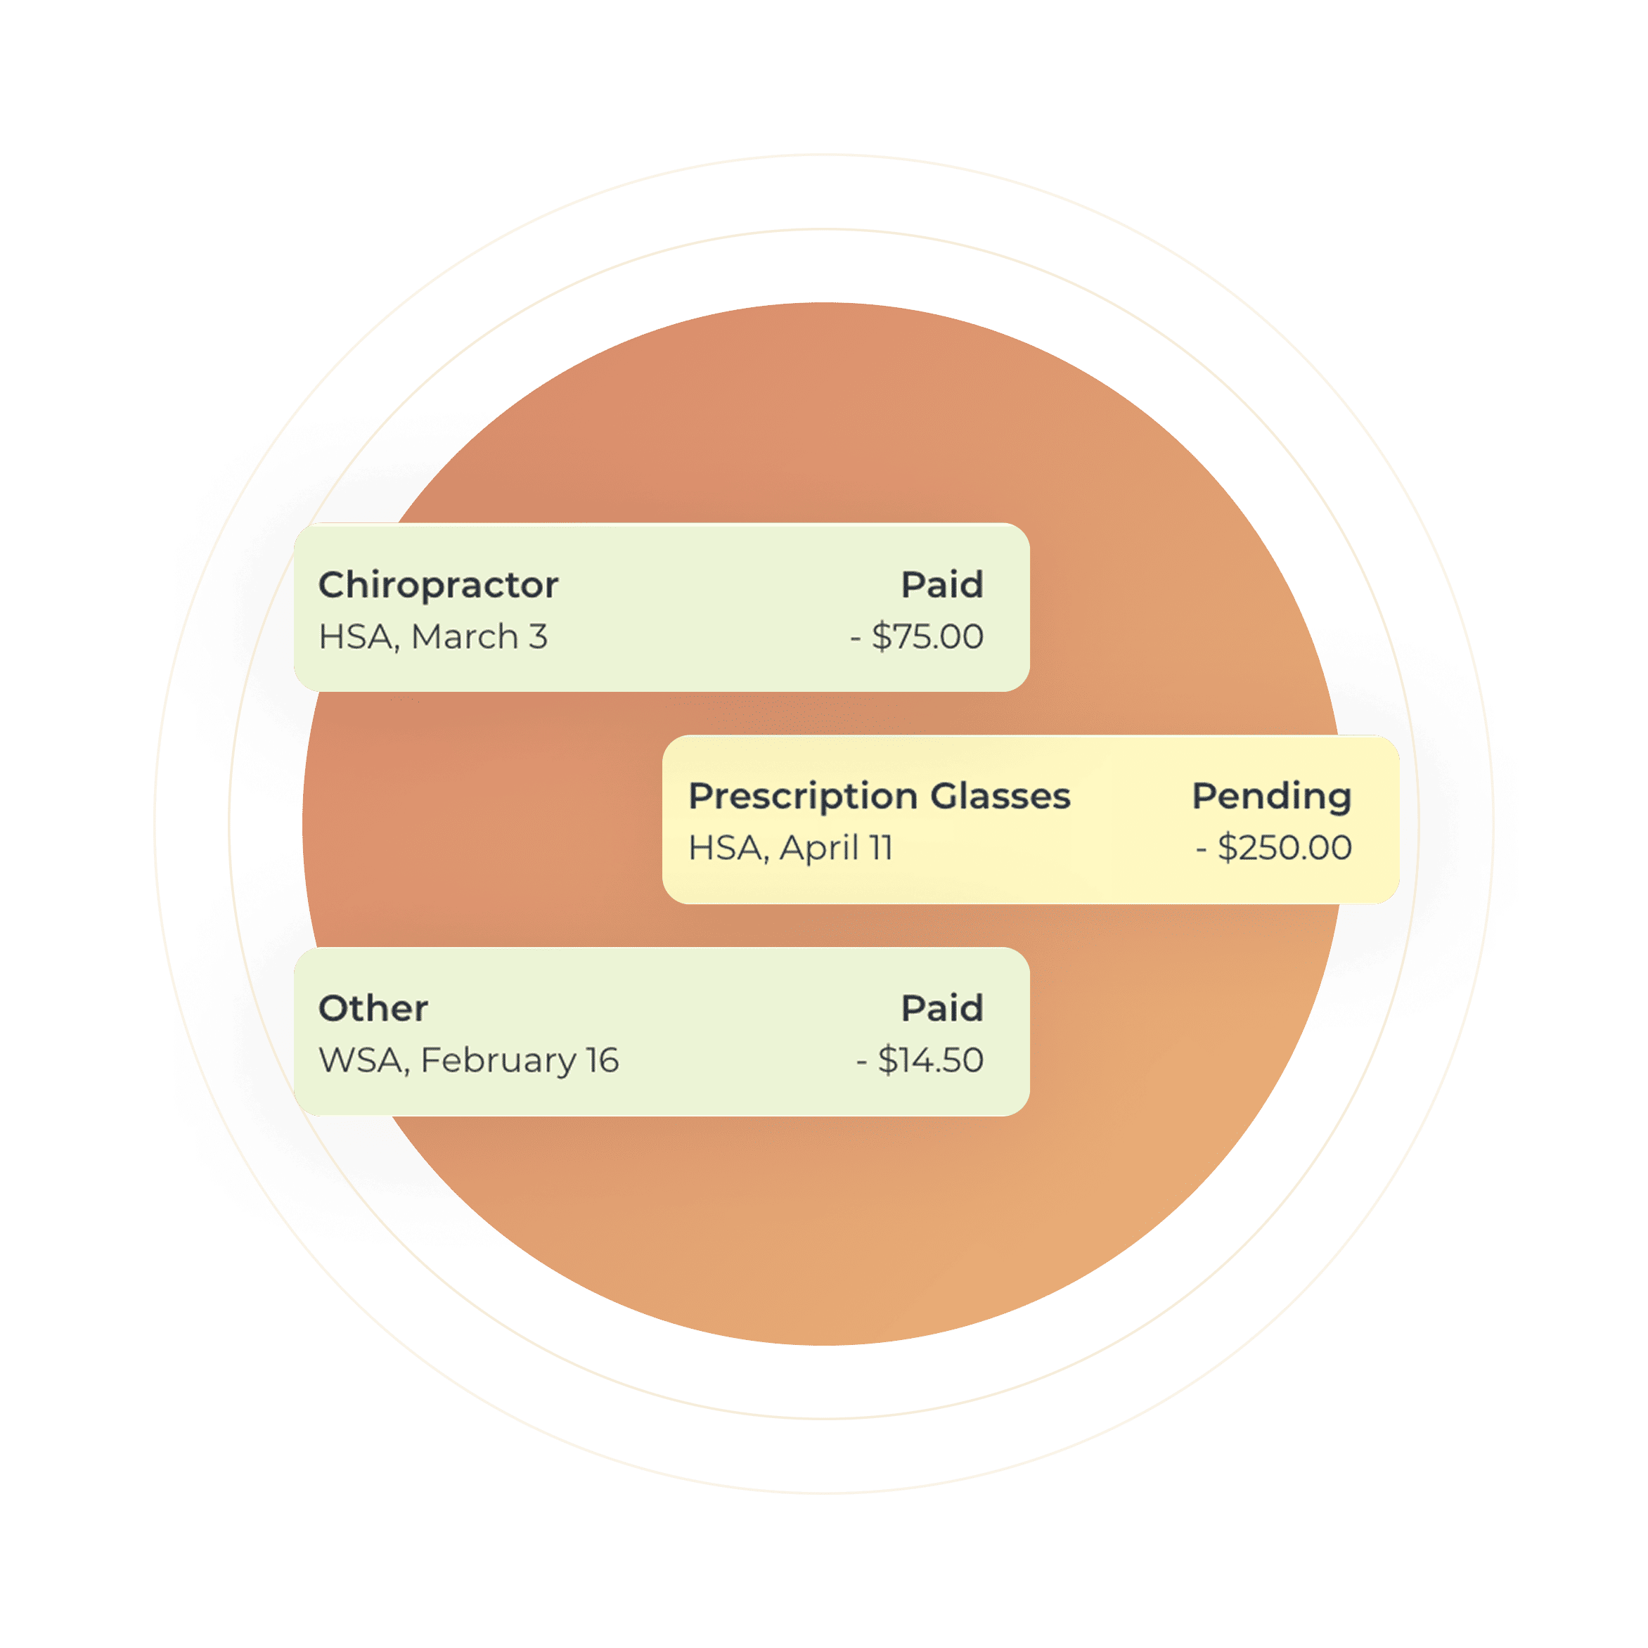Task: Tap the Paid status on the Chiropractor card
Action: (943, 584)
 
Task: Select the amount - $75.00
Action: (917, 636)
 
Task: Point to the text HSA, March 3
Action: (433, 636)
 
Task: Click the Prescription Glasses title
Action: (880, 797)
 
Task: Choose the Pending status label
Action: (1272, 797)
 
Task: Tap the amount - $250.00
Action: (1273, 848)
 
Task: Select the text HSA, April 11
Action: (791, 848)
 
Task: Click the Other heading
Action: (373, 1008)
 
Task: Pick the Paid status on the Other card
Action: (943, 1008)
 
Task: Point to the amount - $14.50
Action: (920, 1060)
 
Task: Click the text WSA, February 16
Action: (468, 1060)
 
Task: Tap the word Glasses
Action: (1000, 796)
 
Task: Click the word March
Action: (465, 636)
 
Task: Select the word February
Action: (498, 1061)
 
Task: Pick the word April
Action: (819, 848)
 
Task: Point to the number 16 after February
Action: (603, 1060)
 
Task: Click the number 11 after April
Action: (880, 848)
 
